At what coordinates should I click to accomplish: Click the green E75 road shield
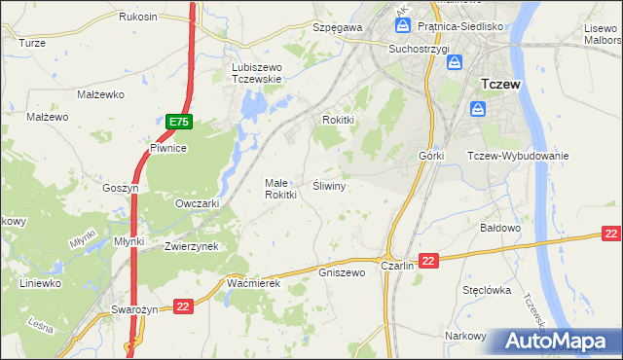coord(178,122)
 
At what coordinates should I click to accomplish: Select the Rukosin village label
coord(138,18)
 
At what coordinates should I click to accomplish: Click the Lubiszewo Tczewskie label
coord(256,73)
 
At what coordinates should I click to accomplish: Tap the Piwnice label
coord(167,148)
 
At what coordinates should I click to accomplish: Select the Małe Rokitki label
coord(280,189)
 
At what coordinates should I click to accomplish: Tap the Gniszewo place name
coord(341,272)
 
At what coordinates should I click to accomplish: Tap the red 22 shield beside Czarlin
coord(430,260)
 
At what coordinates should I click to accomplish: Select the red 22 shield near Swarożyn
coord(183,306)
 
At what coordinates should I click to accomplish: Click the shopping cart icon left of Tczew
coord(477,109)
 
